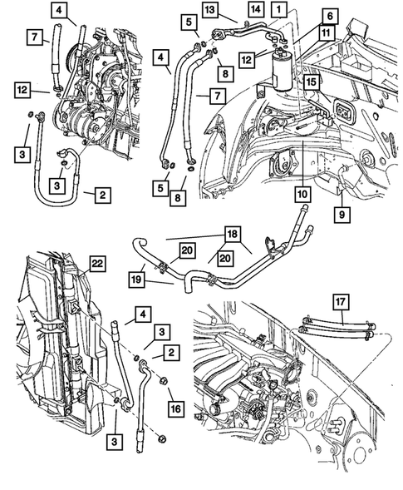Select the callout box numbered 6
(307, 16)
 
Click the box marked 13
(209, 10)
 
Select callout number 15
(309, 82)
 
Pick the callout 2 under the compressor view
(101, 196)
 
